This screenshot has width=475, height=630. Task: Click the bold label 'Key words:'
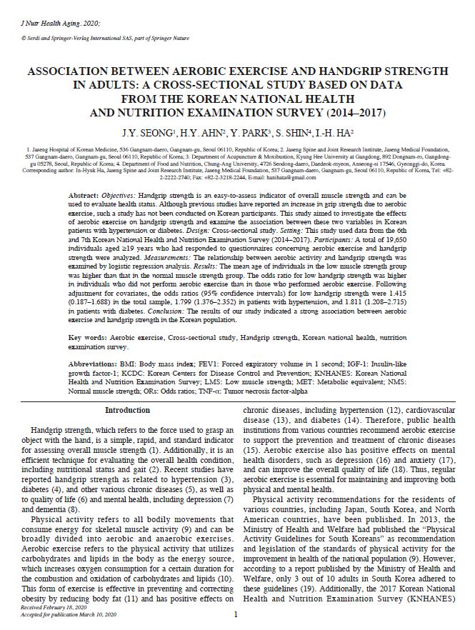pyautogui.click(x=91, y=336)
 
